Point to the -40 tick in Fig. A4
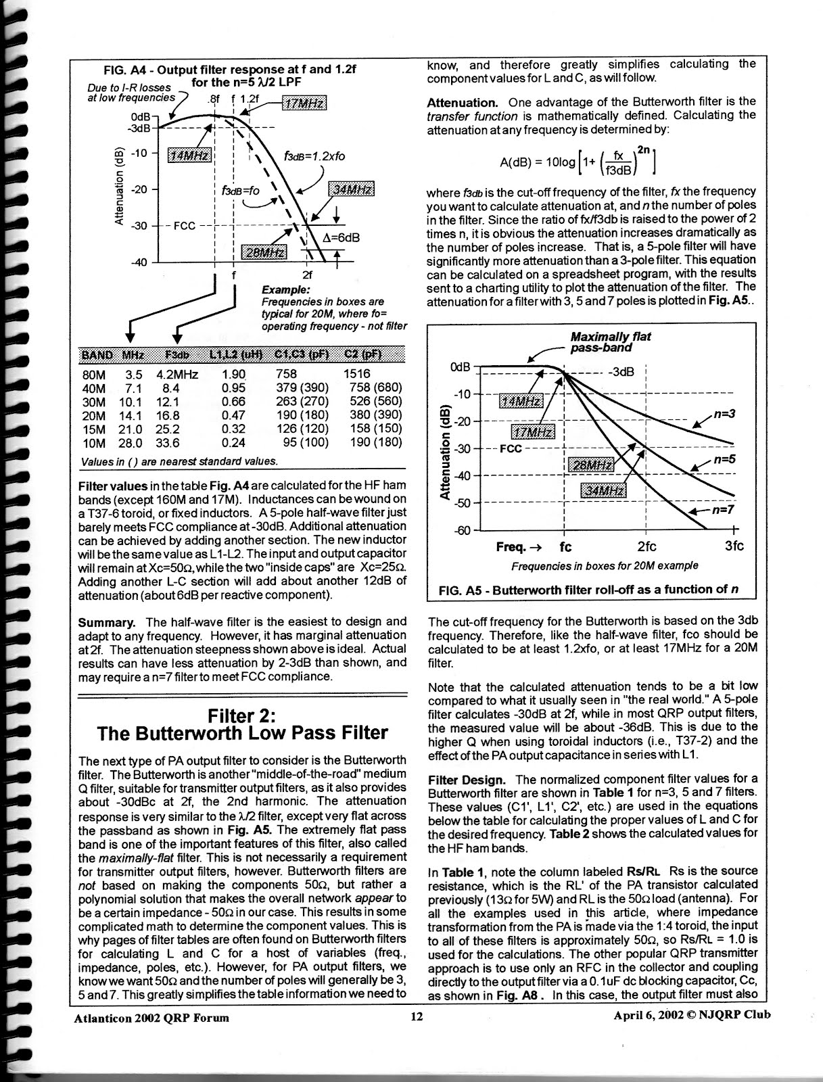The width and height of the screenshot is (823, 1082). click(139, 262)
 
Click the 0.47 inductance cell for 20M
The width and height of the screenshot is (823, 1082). click(233, 415)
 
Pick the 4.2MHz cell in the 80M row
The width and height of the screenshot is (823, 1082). click(177, 374)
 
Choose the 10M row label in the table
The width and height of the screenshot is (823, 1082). click(93, 443)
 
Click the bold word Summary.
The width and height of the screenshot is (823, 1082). click(106, 621)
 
